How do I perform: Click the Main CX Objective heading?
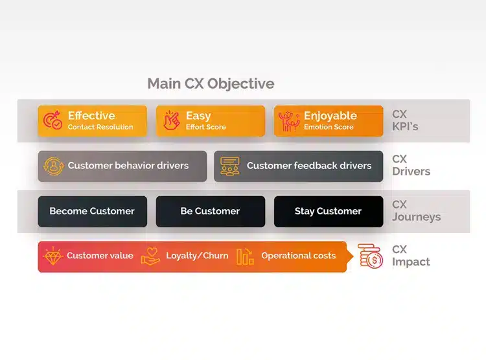[x=211, y=84]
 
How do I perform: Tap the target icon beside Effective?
[x=52, y=120]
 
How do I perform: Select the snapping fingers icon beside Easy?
[x=172, y=120]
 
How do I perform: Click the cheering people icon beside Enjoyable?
[x=289, y=121]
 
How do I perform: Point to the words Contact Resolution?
[x=100, y=127]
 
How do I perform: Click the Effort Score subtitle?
[x=206, y=127]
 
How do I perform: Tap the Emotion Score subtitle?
[x=329, y=127]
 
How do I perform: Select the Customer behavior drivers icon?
[x=54, y=166]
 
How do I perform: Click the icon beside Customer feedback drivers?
[x=229, y=166]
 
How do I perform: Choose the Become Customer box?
[x=93, y=211]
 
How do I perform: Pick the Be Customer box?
[x=211, y=211]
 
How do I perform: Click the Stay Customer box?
[x=329, y=211]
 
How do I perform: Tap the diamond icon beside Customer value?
[x=53, y=256]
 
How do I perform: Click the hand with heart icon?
[x=150, y=256]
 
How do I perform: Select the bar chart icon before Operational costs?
[x=245, y=256]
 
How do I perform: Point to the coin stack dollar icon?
[x=371, y=256]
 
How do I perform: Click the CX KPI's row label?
[x=405, y=120]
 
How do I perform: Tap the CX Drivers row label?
[x=411, y=165]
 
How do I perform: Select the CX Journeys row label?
[x=416, y=210]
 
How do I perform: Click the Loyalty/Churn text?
[x=197, y=256]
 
